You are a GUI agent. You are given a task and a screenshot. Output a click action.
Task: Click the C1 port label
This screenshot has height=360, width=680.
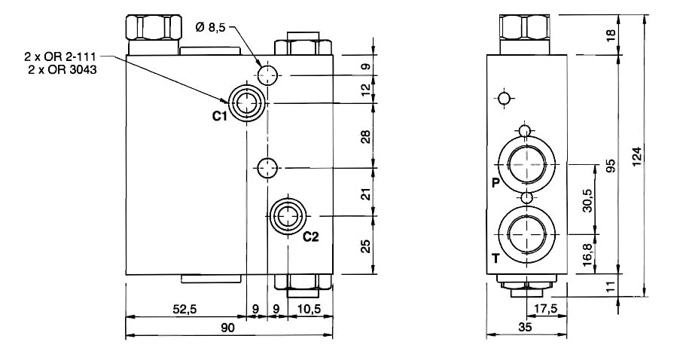click(219, 116)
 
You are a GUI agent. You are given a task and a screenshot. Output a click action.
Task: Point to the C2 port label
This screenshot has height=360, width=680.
click(311, 236)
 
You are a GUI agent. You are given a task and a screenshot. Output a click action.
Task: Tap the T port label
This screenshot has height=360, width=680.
click(495, 258)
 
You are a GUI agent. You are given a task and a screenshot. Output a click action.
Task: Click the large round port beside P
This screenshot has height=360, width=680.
click(526, 163)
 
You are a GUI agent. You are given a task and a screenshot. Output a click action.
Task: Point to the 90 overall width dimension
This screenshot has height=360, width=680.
click(228, 328)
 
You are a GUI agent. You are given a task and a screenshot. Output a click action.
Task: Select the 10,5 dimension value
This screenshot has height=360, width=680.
click(310, 309)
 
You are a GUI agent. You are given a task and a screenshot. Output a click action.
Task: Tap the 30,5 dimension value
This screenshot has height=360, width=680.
click(587, 201)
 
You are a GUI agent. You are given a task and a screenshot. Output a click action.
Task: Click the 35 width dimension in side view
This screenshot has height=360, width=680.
click(526, 328)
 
